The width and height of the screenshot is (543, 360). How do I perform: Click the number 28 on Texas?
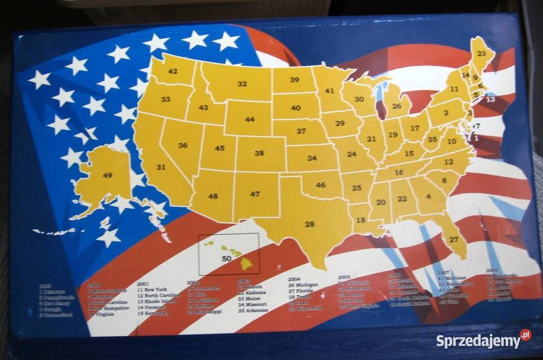click(309, 224)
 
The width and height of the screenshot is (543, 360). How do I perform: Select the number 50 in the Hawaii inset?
click(226, 258)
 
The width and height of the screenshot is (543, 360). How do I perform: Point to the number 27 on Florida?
click(454, 239)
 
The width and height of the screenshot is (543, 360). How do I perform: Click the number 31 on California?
click(161, 167)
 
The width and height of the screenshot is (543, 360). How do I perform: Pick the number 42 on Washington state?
click(173, 71)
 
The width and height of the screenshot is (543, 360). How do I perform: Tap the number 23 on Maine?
click(481, 53)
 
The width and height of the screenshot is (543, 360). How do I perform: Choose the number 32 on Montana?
click(242, 84)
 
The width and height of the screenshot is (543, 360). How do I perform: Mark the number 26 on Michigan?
click(398, 105)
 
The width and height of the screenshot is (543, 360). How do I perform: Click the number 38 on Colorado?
click(259, 153)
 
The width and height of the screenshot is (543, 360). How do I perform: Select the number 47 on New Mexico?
click(255, 194)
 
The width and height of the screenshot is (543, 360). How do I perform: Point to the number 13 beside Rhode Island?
click(490, 99)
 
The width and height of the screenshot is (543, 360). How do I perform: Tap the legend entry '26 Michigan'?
click(303, 284)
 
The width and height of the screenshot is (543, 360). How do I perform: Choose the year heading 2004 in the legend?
click(294, 278)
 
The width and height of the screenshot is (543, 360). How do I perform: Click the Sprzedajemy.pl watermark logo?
click(484, 341)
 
